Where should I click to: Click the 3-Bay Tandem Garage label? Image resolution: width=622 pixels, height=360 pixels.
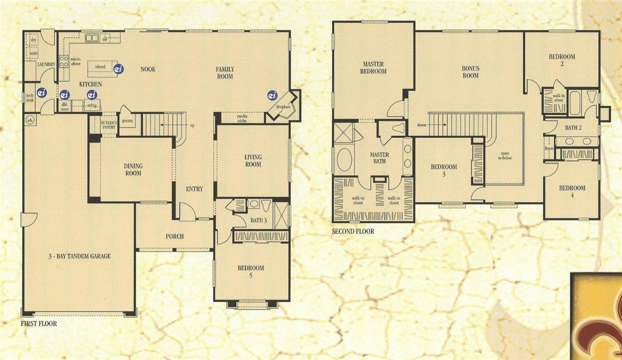[x=78, y=256]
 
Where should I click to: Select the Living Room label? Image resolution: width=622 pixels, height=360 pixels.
[x=253, y=160]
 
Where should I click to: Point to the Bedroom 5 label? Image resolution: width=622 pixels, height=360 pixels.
[x=251, y=272]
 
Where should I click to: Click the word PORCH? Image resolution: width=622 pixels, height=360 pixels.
[x=175, y=237]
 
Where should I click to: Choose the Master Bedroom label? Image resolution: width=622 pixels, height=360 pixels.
[x=373, y=67]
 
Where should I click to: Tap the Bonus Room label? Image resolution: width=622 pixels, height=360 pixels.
[x=470, y=72]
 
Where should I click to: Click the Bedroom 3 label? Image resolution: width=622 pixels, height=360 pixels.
[x=444, y=170]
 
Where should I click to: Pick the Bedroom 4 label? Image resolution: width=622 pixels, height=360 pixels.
[x=572, y=192]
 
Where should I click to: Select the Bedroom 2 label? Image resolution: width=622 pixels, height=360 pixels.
[x=562, y=60]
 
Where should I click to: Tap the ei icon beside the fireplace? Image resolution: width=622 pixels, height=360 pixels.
[x=272, y=96]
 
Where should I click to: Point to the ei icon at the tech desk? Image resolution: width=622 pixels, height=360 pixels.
[x=42, y=92]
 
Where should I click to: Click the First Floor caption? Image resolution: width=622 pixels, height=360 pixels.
[x=38, y=324]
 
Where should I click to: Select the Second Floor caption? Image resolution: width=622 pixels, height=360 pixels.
[x=353, y=232]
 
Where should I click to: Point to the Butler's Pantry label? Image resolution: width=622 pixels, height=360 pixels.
[x=108, y=125]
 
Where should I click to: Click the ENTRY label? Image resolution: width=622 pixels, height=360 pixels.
[x=194, y=189]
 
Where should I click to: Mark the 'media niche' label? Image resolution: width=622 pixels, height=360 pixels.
[x=233, y=117]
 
